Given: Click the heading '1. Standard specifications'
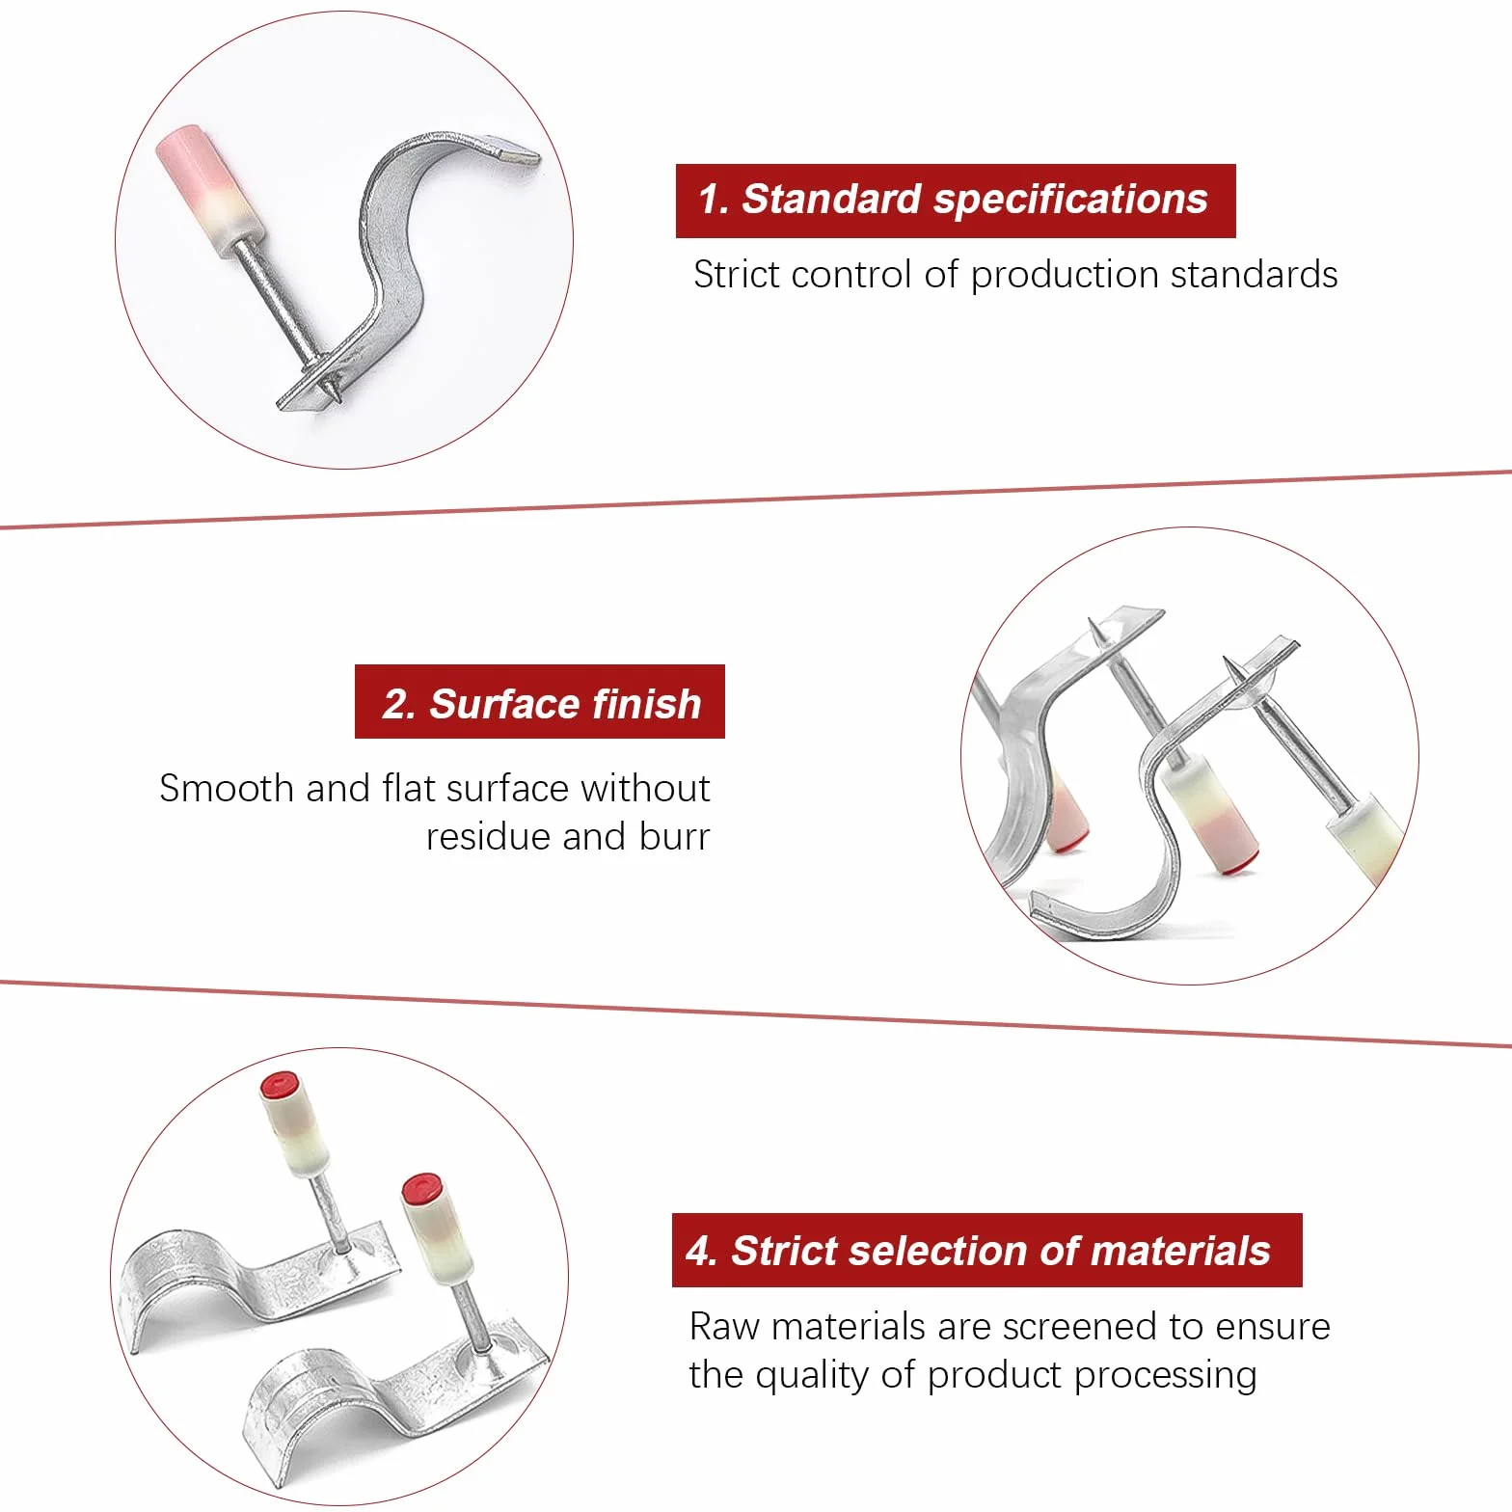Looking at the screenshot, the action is click(x=953, y=200).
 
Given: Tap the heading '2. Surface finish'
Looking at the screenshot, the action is click(x=541, y=704).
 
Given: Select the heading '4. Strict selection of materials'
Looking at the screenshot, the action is click(x=978, y=1251).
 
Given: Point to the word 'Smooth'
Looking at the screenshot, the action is click(x=227, y=789).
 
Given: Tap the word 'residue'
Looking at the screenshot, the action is click(x=490, y=837).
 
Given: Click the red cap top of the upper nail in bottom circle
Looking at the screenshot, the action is click(x=280, y=1085).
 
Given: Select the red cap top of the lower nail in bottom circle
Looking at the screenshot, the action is click(x=421, y=1188).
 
